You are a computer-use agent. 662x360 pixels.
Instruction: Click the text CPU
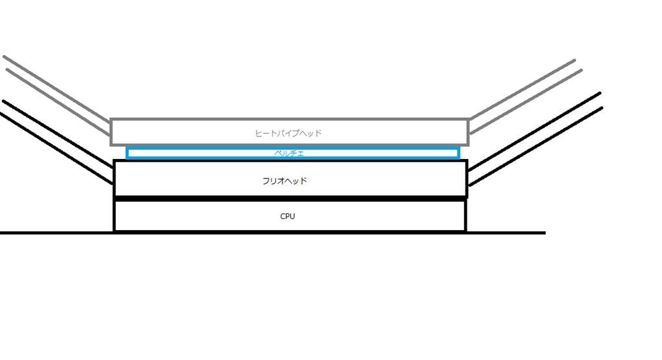point(288,217)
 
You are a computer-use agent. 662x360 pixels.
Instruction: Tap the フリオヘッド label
point(285,181)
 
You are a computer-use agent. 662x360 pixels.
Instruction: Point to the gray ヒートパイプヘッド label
point(288,134)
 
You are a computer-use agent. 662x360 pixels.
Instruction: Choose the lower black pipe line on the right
point(537,145)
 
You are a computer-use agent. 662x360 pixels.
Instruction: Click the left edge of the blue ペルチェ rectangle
point(127,153)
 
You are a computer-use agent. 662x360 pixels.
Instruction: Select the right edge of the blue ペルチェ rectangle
point(458,153)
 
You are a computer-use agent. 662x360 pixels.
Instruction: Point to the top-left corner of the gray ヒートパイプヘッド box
point(111,120)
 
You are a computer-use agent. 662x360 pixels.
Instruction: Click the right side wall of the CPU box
point(465,216)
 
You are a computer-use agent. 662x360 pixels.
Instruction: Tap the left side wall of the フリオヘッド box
point(114,178)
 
